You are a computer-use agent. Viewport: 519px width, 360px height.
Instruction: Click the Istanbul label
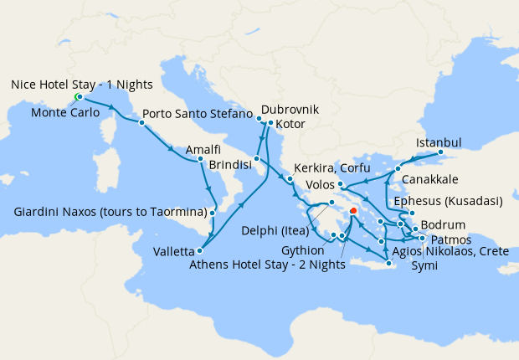pos(438,141)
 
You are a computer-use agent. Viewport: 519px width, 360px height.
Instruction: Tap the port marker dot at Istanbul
pos(441,153)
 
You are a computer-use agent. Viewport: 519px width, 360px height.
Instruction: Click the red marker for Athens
pos(353,211)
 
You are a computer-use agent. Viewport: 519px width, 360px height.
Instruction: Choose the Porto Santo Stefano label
pos(198,113)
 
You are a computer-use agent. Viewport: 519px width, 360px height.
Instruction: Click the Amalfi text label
pos(203,149)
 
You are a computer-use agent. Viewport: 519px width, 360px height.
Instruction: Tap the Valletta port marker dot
pos(198,250)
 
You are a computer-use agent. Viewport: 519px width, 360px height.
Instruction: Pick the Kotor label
pos(289,125)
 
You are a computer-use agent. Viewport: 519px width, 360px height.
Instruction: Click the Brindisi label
pos(231,166)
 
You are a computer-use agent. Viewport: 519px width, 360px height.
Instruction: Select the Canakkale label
pos(429,180)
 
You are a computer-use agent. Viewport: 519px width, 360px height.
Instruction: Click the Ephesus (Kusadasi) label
pos(451,201)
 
